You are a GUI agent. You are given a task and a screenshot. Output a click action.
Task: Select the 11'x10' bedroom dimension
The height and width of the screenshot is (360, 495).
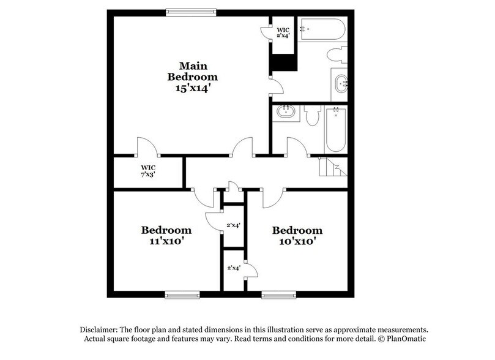[x=166, y=241]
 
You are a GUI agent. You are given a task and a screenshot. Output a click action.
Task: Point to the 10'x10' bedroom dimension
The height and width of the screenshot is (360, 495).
[x=297, y=241]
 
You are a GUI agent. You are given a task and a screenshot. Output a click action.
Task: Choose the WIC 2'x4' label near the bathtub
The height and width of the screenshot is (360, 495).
[x=283, y=32]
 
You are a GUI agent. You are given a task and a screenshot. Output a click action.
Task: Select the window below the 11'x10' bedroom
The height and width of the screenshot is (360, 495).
[x=182, y=295]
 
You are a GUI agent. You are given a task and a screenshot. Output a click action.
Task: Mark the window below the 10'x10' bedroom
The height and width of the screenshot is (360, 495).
[x=279, y=295]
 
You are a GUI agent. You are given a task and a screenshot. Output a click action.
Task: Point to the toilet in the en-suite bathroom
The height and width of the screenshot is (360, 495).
[x=337, y=54]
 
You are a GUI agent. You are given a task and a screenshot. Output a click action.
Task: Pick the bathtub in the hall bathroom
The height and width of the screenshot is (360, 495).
[x=336, y=129]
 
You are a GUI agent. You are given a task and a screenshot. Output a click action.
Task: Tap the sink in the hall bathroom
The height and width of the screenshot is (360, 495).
[x=285, y=112]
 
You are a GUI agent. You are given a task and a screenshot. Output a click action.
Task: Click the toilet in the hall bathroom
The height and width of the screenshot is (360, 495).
[x=312, y=115]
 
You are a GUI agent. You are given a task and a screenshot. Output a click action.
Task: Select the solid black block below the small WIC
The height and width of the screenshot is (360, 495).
[x=283, y=62]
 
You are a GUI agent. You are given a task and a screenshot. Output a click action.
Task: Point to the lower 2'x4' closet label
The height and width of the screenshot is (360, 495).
[x=233, y=268]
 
